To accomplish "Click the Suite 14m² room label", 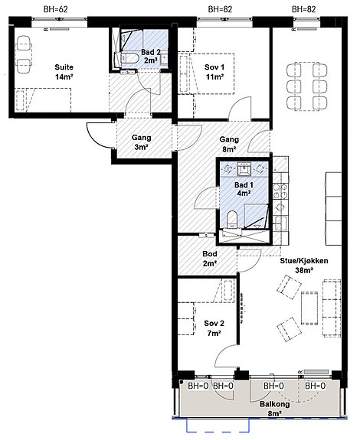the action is coord(64,72).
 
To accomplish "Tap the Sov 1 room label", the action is coord(214,72).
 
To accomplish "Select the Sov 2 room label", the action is coord(214,328).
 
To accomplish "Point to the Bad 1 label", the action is coord(244,189).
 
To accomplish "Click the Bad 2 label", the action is coord(151,56).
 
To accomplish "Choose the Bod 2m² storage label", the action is coord(210,259).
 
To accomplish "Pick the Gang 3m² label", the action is coord(141,142).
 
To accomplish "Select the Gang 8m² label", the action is coord(229,144).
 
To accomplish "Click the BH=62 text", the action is coord(56,9).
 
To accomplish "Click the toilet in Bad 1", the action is coord(232,220).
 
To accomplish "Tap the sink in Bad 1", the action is coord(244,169).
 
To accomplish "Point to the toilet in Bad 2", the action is coord(129,58).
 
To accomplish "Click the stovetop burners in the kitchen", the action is coord(280,191).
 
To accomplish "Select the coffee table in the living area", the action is coord(309,308).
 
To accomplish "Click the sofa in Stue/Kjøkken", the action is coord(332,308).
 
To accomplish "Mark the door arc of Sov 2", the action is coord(225,356).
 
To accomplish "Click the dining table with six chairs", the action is coord(307,86).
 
